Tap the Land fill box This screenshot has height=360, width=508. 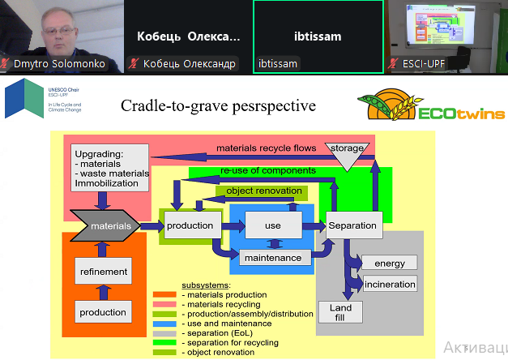click(340, 312)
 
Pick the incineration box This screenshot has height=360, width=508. click(390, 285)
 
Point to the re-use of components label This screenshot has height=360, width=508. click(268, 171)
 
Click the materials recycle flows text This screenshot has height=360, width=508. click(266, 148)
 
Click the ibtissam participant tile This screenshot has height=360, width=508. click(317, 36)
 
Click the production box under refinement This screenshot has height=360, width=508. click(103, 312)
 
